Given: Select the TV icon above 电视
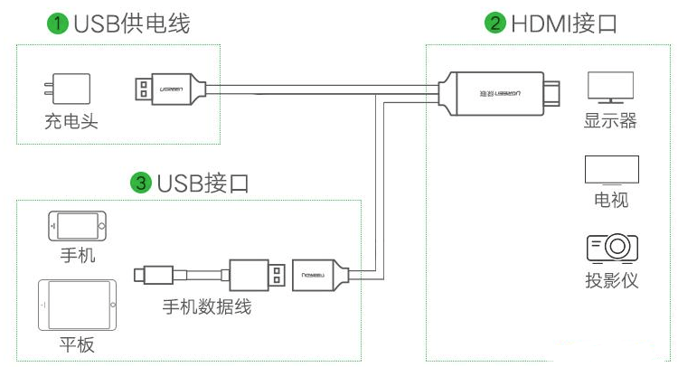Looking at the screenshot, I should (x=611, y=171).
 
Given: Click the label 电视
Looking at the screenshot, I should (x=611, y=200).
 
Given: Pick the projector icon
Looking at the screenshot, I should (x=612, y=248).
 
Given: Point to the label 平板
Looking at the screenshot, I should (x=77, y=346).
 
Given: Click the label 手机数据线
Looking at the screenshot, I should (x=206, y=307).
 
